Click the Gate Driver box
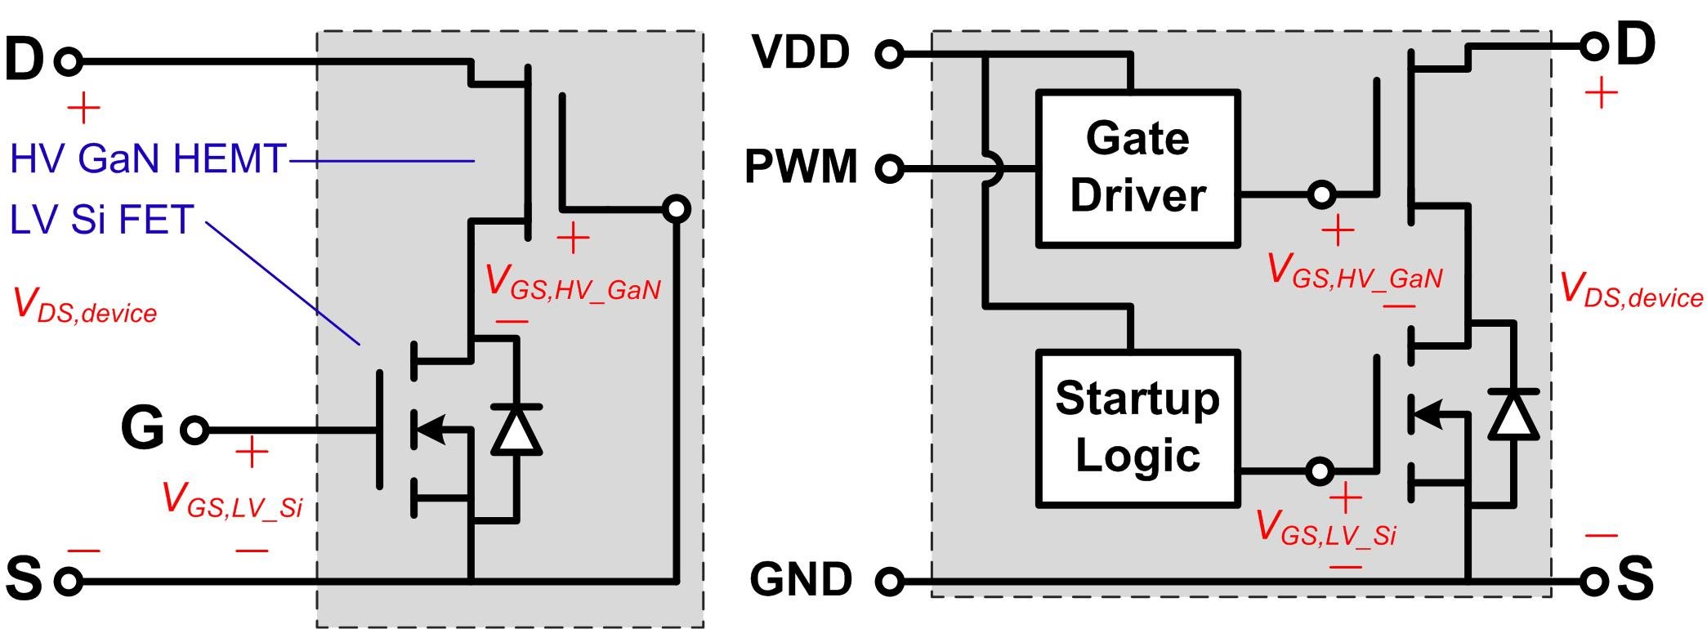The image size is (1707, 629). pos(1137,168)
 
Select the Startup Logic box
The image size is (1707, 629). pos(1137,427)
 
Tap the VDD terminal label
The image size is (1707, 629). pos(801,52)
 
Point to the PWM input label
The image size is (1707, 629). pos(801,167)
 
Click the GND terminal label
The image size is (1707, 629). pos(801,579)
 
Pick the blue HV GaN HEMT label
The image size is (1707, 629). pos(148,158)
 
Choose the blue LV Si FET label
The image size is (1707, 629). pos(101,220)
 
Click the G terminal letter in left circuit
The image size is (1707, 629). pos(143,427)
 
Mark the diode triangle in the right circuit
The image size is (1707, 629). pos(1513,414)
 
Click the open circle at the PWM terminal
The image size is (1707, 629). pos(890,169)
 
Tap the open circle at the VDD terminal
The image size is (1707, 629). pos(890,54)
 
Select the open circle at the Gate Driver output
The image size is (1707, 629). pos(1321,194)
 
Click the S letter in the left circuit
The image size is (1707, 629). pos(24,578)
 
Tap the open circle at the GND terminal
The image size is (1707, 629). pos(891,582)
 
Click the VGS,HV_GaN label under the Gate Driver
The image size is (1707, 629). pos(1354,271)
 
